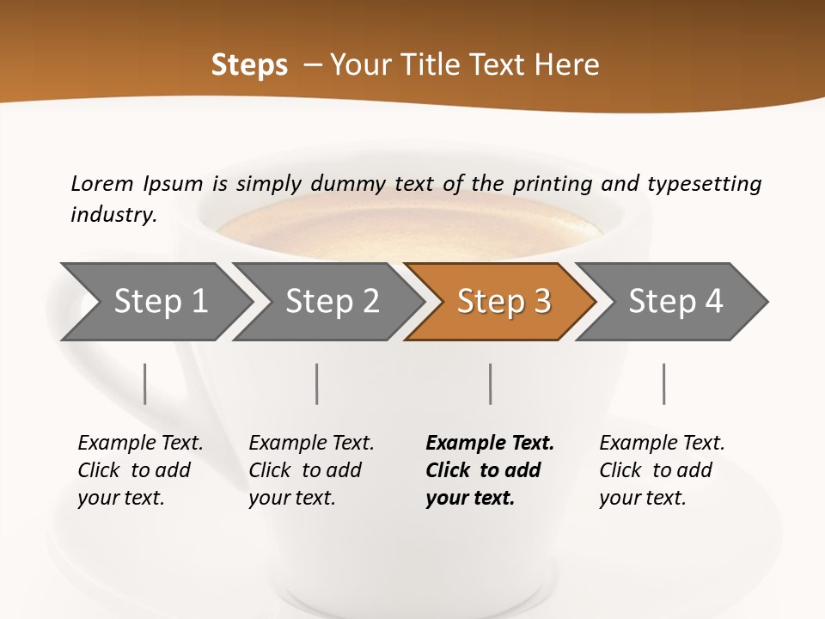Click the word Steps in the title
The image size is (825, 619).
click(249, 65)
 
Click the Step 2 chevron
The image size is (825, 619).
click(332, 301)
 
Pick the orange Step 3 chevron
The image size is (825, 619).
click(503, 301)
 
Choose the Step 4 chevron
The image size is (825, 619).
click(675, 301)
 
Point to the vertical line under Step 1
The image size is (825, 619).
click(144, 383)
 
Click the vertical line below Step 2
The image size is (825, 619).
click(317, 383)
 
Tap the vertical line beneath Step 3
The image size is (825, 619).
click(490, 383)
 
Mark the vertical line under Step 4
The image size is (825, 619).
click(663, 383)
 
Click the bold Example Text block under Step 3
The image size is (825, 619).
click(489, 470)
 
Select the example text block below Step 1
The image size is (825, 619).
click(140, 470)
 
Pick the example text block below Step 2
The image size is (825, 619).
click(311, 470)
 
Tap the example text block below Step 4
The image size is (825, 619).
click(662, 470)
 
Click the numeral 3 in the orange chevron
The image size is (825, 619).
click(541, 301)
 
